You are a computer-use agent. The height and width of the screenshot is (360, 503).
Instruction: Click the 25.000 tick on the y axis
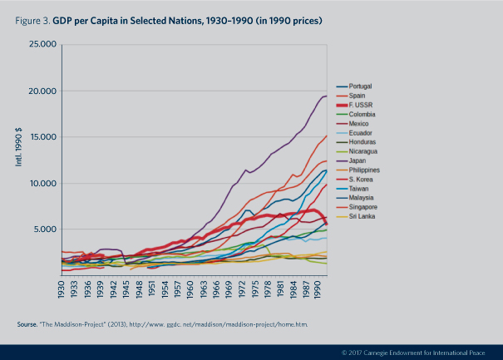click(42, 44)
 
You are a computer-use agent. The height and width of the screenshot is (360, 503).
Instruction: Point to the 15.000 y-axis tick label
click(42, 137)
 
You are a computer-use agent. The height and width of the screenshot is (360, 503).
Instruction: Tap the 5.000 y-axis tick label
click(44, 229)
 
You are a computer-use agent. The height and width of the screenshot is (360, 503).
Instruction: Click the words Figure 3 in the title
click(32, 17)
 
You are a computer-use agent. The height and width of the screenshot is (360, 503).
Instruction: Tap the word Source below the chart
click(27, 323)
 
